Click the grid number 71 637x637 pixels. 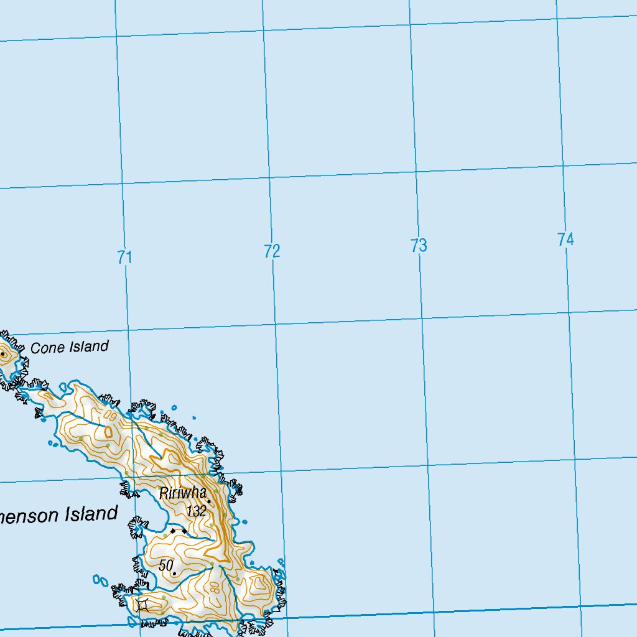point(125,257)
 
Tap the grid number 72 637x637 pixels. point(272,251)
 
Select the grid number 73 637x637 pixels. point(419,246)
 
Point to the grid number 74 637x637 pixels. point(565,239)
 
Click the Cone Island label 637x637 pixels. point(69,347)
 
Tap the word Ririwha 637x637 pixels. point(182,493)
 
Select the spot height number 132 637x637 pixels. point(196,511)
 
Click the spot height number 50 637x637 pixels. point(165,565)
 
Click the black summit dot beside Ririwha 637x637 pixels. point(209,501)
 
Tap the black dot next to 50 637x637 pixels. point(174,573)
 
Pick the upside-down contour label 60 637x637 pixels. point(111,413)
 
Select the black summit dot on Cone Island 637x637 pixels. point(3,355)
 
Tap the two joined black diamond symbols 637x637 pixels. point(178,531)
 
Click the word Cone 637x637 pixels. point(47,348)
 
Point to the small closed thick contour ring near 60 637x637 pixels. point(108,431)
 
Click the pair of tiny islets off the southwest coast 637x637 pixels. point(100,580)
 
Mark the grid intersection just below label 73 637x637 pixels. point(422,317)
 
